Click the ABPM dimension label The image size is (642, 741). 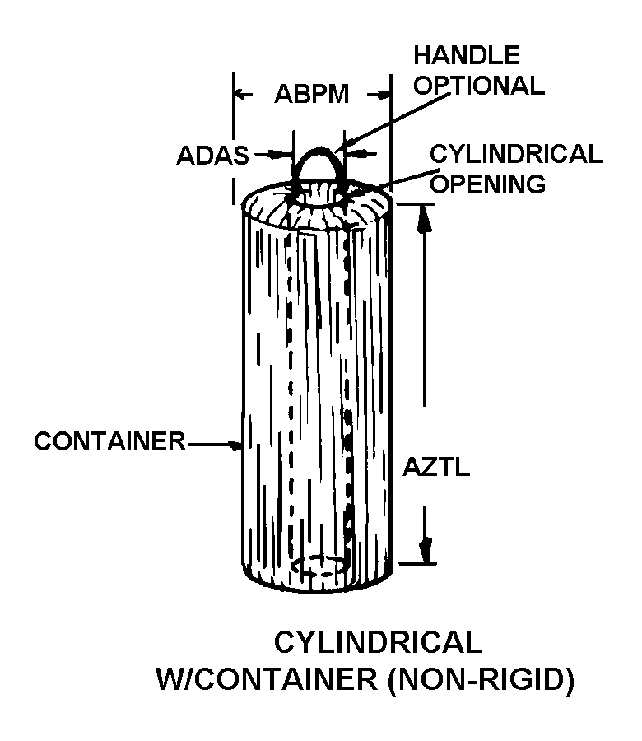pyautogui.click(x=312, y=94)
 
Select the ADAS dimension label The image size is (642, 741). pyautogui.click(x=212, y=155)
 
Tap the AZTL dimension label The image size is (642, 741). pyautogui.click(x=436, y=467)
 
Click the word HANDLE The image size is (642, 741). pyautogui.click(x=467, y=55)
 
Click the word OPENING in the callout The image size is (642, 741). pyautogui.click(x=488, y=183)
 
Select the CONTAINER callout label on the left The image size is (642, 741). pyautogui.click(x=109, y=441)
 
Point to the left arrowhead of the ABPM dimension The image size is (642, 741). pyautogui.click(x=241, y=95)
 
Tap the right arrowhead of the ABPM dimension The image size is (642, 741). pyautogui.click(x=384, y=95)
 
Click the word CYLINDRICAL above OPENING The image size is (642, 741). pyautogui.click(x=516, y=154)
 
